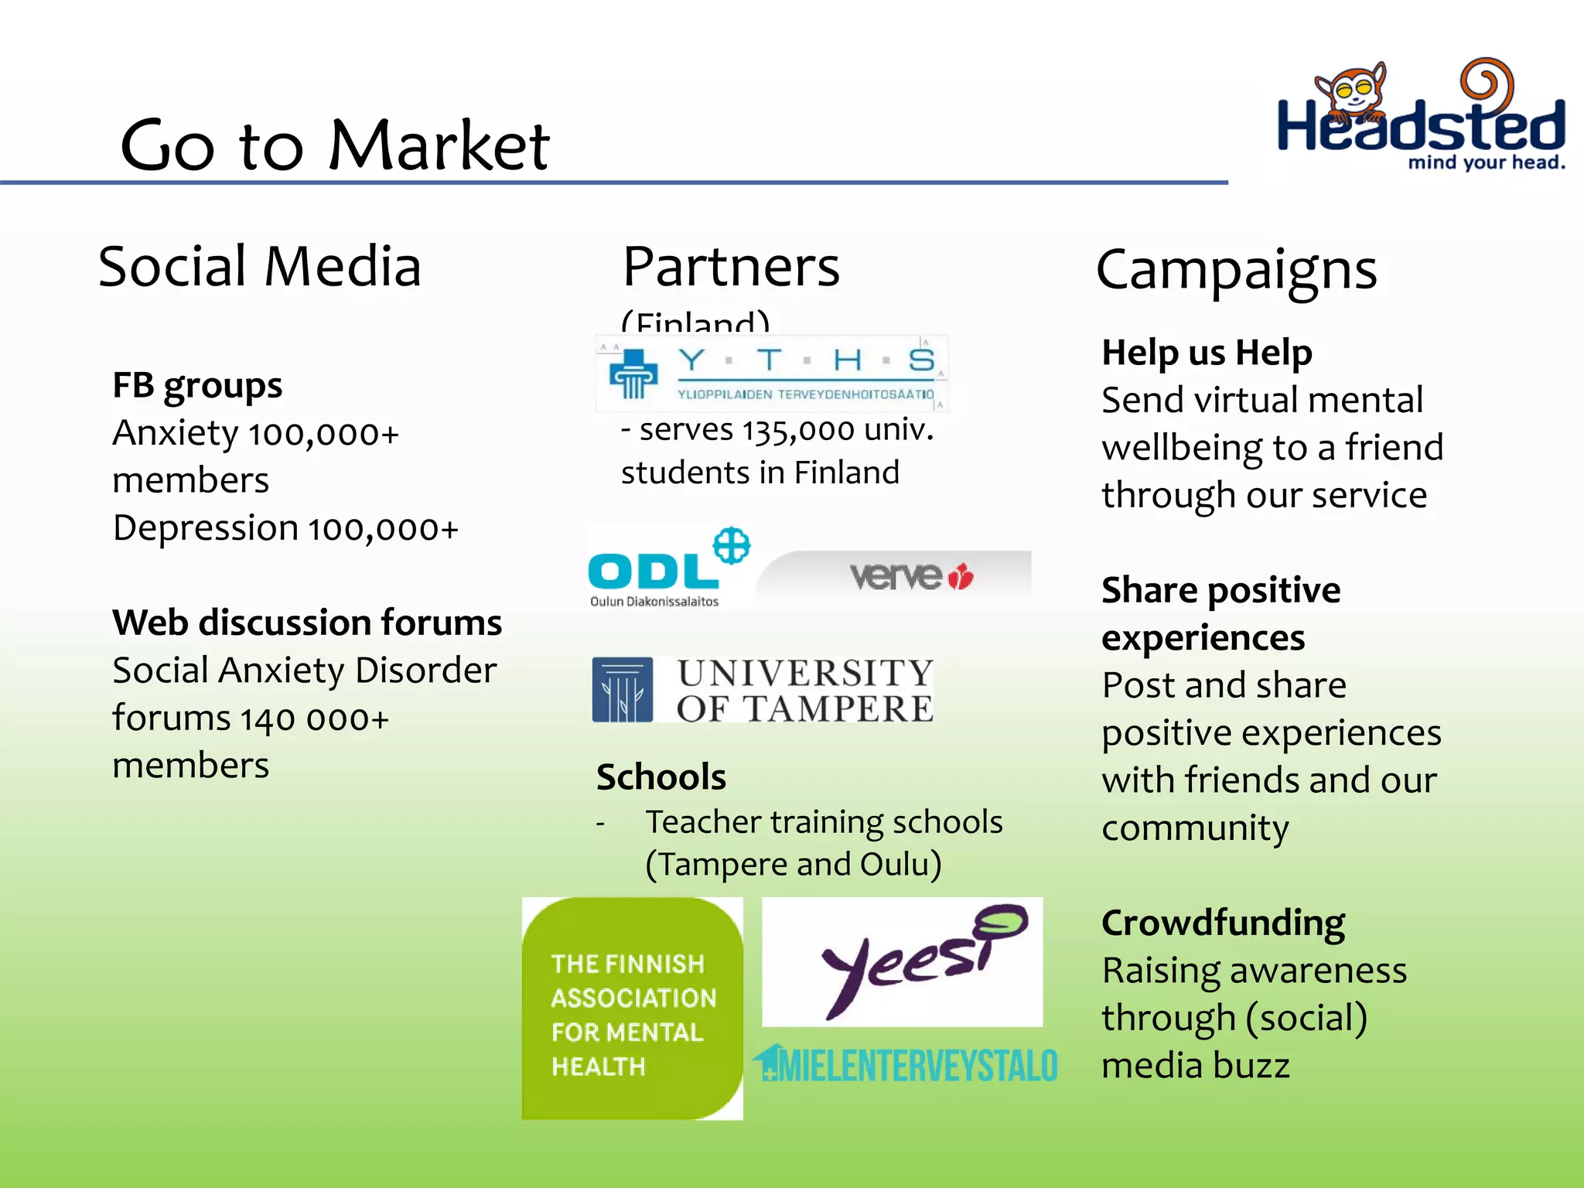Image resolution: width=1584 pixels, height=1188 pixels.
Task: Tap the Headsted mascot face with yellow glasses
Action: (1354, 93)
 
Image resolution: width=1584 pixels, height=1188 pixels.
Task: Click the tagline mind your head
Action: (1486, 162)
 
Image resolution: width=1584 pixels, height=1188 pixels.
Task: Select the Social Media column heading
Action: (260, 266)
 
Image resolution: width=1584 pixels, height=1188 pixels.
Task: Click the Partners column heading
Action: (731, 266)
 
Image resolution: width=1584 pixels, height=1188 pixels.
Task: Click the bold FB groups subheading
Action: (197, 385)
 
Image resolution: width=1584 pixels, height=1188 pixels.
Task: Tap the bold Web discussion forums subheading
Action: (307, 622)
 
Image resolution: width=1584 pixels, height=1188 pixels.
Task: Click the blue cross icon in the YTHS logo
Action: (633, 373)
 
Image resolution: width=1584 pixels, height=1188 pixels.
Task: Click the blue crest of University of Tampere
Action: (622, 689)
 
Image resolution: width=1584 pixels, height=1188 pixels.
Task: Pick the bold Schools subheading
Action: (661, 777)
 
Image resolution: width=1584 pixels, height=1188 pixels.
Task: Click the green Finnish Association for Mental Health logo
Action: (632, 1008)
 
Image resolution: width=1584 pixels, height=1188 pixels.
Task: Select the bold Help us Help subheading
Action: (1207, 353)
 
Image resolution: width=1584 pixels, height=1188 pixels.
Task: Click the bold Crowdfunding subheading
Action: (1223, 923)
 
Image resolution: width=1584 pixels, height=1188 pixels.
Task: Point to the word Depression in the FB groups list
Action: (206, 528)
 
